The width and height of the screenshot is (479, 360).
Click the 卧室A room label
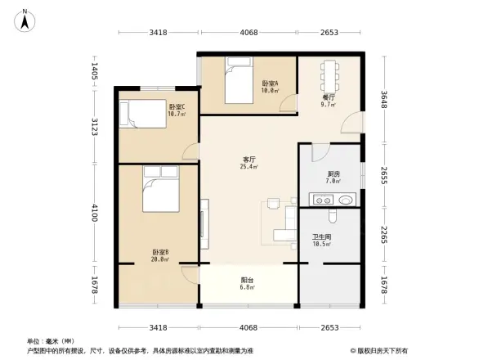pos(270,83)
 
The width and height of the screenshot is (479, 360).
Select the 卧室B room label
pos(159,251)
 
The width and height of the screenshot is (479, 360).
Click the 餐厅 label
pos(329,97)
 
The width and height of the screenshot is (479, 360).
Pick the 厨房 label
pos(334,173)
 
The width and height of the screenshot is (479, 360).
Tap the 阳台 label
pos(247,280)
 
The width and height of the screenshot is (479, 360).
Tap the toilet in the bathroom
pos(329,215)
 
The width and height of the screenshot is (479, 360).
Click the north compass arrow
pos(25,20)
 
